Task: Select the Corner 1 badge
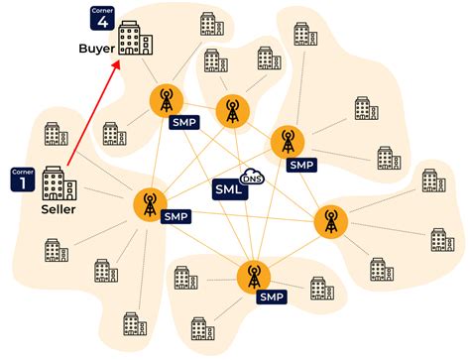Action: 21,180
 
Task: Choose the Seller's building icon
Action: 56,183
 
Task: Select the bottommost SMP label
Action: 272,297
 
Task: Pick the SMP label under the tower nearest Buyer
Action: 183,122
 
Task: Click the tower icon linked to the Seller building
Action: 150,204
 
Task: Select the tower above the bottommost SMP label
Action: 254,275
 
